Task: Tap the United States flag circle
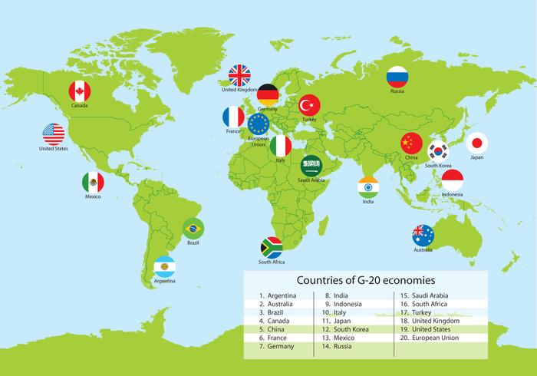coord(54,134)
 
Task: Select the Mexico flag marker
coord(93,183)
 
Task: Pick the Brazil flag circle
coord(193,228)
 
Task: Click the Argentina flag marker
coord(164,266)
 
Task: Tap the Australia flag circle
coord(423,235)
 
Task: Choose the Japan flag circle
coord(477,142)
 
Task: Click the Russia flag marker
coord(397,76)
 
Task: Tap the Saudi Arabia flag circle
coord(311,165)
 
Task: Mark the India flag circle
coord(368,186)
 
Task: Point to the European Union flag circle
coord(259,124)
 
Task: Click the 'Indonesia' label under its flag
coord(453,195)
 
